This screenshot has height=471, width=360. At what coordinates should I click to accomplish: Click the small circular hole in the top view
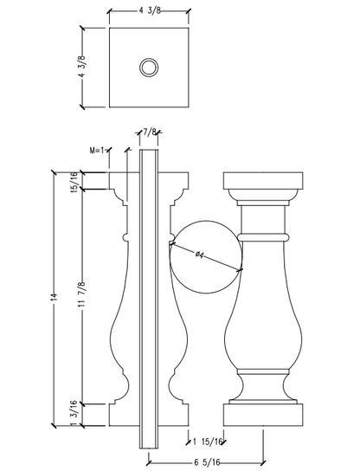click(149, 68)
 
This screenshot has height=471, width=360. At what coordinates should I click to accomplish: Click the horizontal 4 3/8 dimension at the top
click(150, 11)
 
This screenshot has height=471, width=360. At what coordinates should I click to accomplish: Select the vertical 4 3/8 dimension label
click(82, 67)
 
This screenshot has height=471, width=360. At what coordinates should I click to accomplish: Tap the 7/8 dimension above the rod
click(150, 132)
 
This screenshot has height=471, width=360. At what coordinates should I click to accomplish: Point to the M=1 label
click(97, 150)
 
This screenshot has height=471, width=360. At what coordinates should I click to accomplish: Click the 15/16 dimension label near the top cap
click(74, 182)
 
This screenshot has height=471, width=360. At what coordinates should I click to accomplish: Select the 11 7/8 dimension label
click(82, 294)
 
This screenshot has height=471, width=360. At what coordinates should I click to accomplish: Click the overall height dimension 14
click(54, 296)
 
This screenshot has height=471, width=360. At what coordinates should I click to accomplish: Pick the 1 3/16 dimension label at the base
click(74, 413)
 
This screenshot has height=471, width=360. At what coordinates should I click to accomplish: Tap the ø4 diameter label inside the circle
click(200, 255)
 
